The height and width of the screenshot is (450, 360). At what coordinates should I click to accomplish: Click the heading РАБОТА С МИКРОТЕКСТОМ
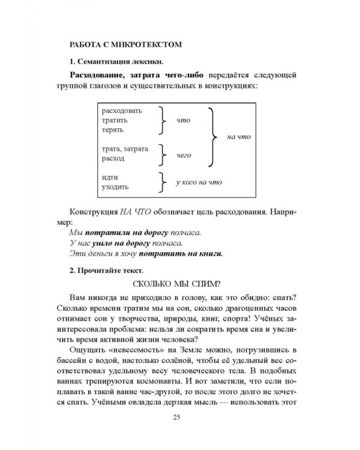(125, 44)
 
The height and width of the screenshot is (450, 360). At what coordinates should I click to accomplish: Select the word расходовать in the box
(122, 111)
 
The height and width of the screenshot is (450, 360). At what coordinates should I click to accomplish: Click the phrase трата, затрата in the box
(125, 149)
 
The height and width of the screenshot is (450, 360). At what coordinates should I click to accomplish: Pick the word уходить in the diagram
(116, 187)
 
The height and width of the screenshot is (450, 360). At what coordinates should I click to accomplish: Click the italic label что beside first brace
(183, 120)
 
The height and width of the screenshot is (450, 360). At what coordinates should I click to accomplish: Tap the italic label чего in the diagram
(184, 155)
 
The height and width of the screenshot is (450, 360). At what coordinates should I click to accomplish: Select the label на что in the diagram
(239, 136)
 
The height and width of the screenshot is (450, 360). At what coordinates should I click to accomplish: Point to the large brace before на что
(213, 136)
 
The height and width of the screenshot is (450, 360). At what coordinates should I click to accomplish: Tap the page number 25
(181, 418)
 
